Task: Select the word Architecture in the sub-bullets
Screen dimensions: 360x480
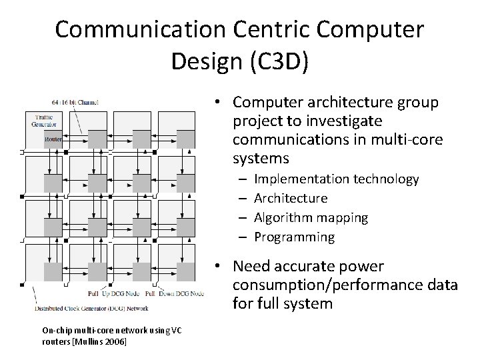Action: [x=291, y=198]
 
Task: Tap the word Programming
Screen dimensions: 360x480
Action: [x=294, y=237]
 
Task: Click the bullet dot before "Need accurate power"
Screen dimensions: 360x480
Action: [x=219, y=267]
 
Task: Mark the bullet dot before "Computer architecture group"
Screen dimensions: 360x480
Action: [x=219, y=103]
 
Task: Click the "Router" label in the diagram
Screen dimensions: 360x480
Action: [x=53, y=138]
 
